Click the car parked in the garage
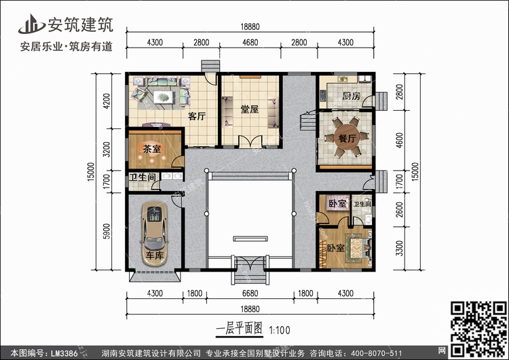[154, 233]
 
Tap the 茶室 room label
[152, 149]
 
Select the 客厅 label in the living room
[197, 116]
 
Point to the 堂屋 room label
[250, 109]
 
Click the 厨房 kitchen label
[352, 96]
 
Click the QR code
[478, 329]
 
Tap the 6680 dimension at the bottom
[250, 293]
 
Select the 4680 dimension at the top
[250, 43]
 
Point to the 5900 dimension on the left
[107, 231]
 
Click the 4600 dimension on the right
[400, 140]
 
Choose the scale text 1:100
[280, 330]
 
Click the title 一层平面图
[240, 329]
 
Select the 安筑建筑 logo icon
[32, 24]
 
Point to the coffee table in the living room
[164, 96]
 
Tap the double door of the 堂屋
[250, 142]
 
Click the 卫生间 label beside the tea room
[143, 177]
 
